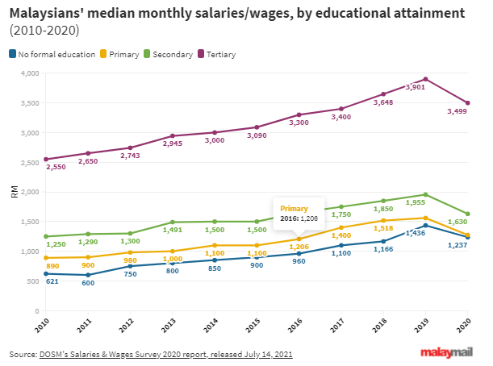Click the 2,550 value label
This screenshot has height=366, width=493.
coord(55,167)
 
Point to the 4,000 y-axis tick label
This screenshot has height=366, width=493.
coord(30,73)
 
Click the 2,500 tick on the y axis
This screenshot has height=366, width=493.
coord(30,162)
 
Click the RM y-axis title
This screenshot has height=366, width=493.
coord(15,192)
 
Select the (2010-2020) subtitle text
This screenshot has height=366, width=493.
coord(44,31)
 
